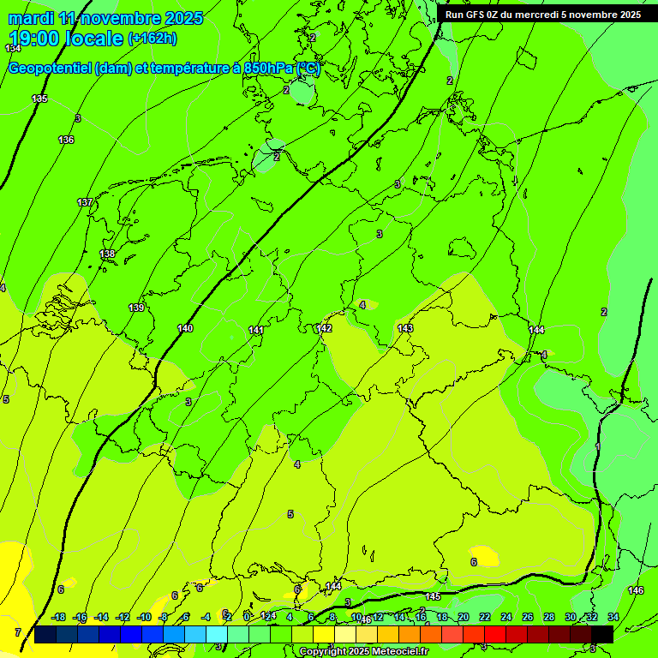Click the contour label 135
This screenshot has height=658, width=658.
tap(39, 99)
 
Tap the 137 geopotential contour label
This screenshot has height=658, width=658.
tap(85, 202)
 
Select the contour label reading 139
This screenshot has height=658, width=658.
tap(136, 308)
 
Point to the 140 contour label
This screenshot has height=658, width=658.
tap(185, 328)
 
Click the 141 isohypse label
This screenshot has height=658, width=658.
tap(256, 330)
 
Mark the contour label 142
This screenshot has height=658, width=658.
tap(324, 328)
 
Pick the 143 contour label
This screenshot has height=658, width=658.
tap(405, 328)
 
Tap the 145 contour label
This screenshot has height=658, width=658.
tap(433, 596)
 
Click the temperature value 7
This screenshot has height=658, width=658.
tap(18, 632)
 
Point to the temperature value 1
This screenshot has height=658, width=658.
tap(597, 447)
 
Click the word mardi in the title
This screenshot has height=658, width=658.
tap(30, 18)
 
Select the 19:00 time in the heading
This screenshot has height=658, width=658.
tap(33, 39)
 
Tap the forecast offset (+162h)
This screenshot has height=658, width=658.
tap(153, 39)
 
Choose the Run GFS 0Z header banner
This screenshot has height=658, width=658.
tap(543, 15)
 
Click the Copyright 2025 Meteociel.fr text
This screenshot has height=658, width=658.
tap(363, 652)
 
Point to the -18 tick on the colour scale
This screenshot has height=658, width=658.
tap(58, 617)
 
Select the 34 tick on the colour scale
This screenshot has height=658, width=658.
tap(613, 617)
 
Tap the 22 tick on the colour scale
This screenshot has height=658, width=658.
tap(485, 617)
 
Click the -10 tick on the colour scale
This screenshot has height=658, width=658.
tap(144, 617)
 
